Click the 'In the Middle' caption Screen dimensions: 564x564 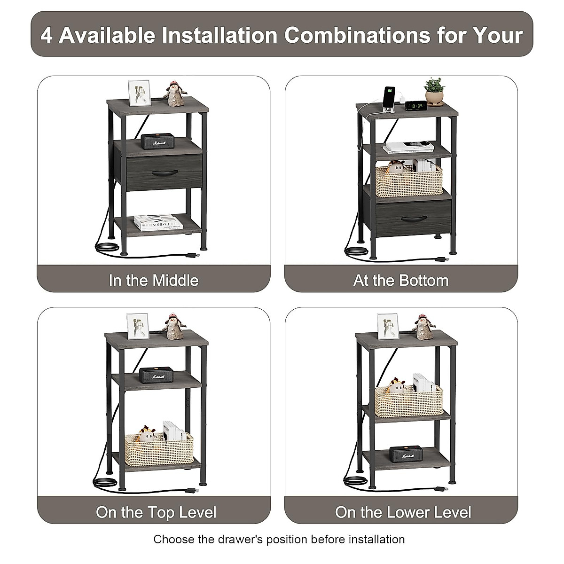point(154,281)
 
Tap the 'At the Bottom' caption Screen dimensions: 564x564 point(401,281)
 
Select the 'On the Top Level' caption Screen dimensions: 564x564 point(156,512)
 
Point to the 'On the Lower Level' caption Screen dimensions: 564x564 point(403,512)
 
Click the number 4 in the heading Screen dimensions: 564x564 point(46,35)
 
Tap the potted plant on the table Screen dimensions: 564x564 point(434,91)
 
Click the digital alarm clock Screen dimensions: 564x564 point(415,105)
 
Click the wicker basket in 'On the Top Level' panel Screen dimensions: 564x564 point(159,448)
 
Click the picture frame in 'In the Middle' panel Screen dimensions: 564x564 point(140,92)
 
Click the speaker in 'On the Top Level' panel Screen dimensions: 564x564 point(158,376)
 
